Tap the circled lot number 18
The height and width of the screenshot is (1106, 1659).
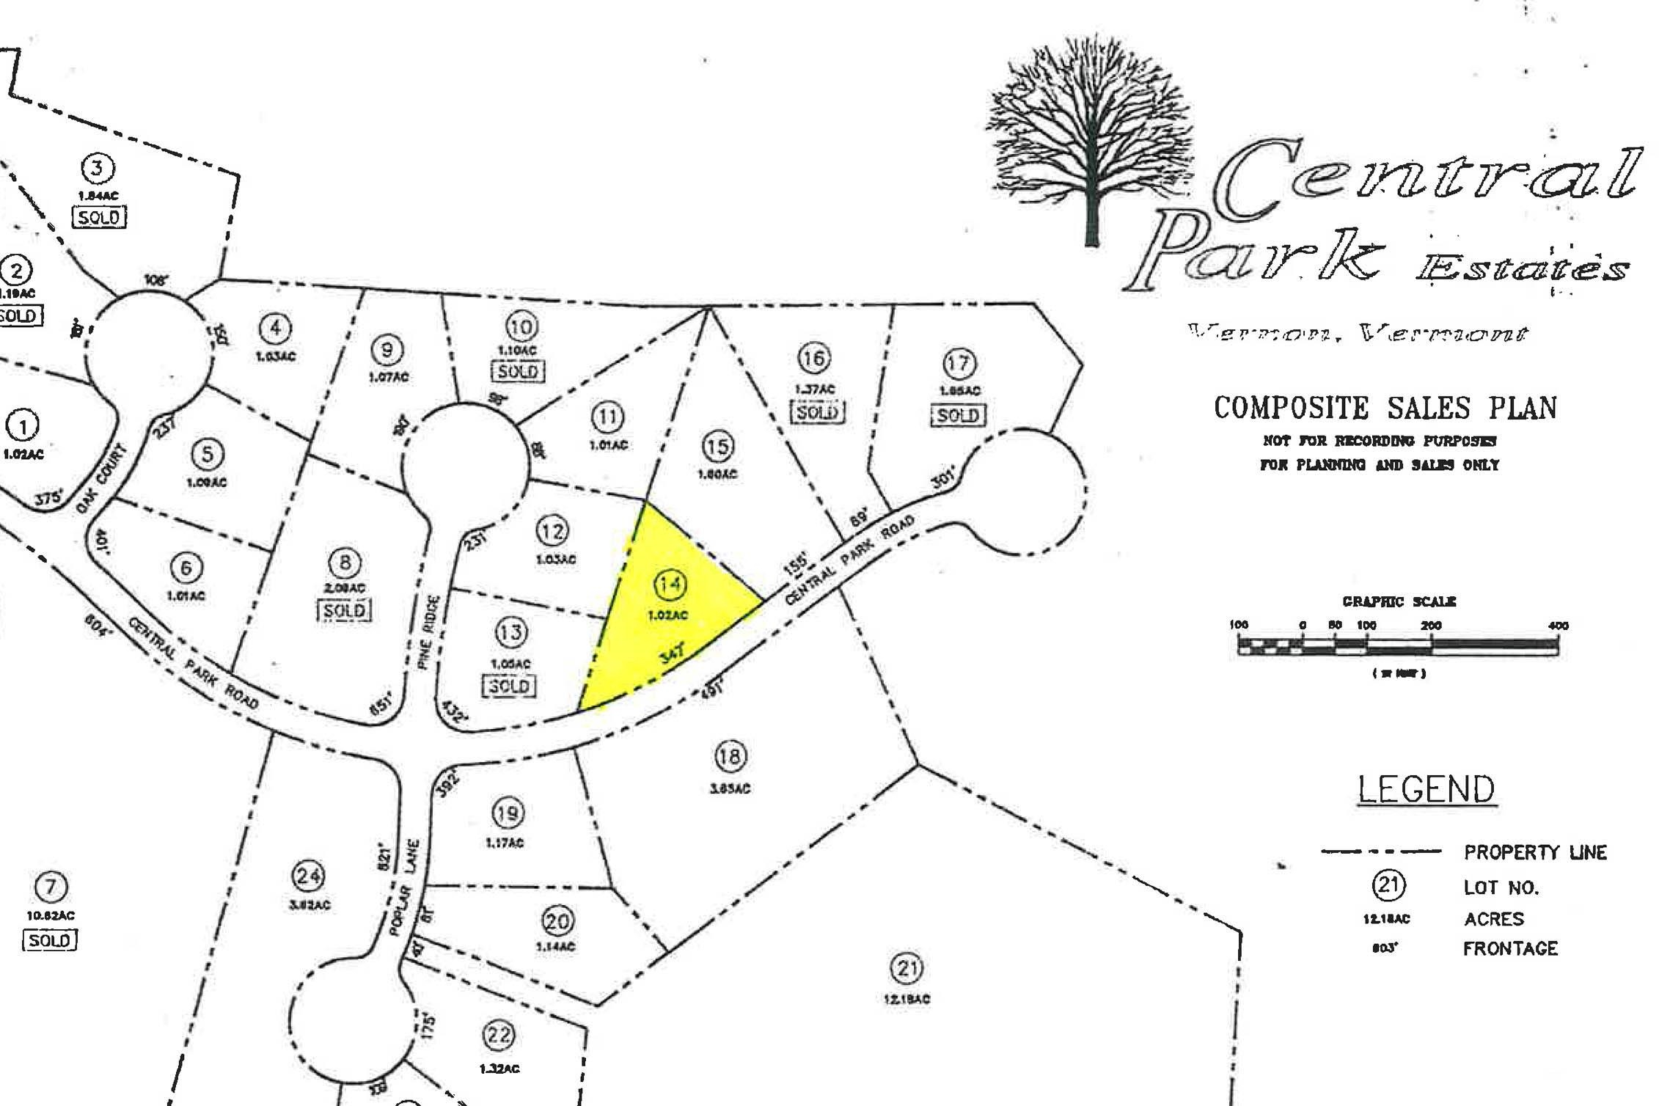pyautogui.click(x=730, y=756)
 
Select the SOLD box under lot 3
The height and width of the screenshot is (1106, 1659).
pyautogui.click(x=99, y=218)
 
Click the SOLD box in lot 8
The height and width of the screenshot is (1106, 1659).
pyautogui.click(x=344, y=610)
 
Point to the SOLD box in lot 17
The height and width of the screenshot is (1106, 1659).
pyautogui.click(x=958, y=415)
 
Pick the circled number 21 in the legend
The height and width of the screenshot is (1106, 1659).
pyautogui.click(x=1388, y=885)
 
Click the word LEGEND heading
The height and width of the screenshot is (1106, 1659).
pyautogui.click(x=1426, y=790)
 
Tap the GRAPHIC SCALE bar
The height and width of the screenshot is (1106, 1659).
pyautogui.click(x=1398, y=646)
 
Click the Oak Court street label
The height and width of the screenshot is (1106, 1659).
pyautogui.click(x=101, y=478)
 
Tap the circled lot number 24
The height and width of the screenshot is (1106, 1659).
pyautogui.click(x=309, y=876)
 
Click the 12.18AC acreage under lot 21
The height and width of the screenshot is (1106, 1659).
pyautogui.click(x=907, y=999)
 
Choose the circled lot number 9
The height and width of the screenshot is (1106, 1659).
pyautogui.click(x=387, y=350)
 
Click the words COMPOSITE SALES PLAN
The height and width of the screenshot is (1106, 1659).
pyautogui.click(x=1385, y=408)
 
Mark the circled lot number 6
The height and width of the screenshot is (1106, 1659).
pyautogui.click(x=186, y=568)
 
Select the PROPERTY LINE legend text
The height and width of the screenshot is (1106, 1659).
pyautogui.click(x=1535, y=852)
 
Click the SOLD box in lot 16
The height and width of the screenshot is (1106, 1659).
pyautogui.click(x=816, y=412)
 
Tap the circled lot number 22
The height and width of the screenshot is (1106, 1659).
pyautogui.click(x=499, y=1036)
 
